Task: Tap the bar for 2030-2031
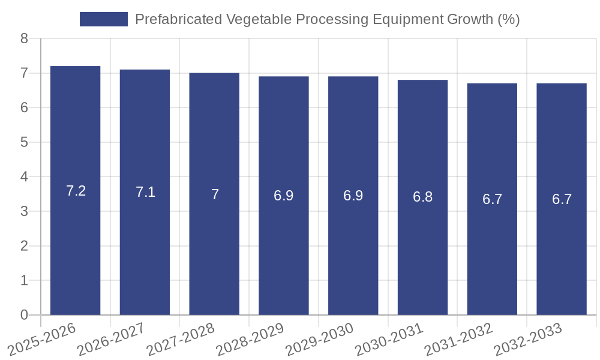click(422, 252)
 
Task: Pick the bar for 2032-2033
click(562, 252)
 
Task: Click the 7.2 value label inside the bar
click(76, 191)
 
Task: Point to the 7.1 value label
click(145, 192)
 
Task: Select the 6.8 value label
click(422, 197)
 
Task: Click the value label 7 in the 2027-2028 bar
click(215, 194)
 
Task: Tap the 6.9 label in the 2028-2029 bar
click(284, 196)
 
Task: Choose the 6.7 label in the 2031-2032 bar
click(492, 199)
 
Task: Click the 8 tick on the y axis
click(24, 39)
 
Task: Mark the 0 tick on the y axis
click(24, 315)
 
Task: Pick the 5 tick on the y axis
click(24, 142)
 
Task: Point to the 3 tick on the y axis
click(24, 211)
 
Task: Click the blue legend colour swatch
click(104, 19)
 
